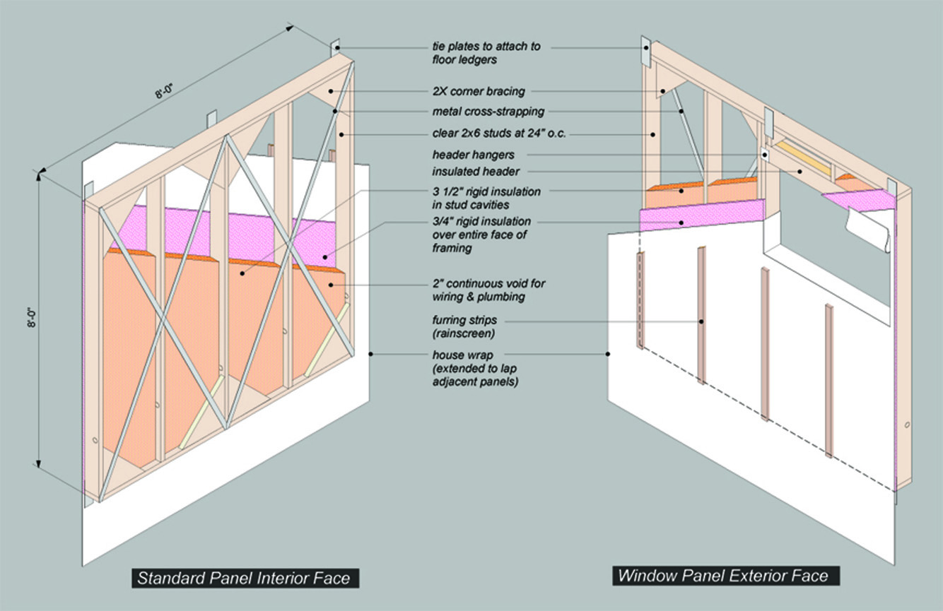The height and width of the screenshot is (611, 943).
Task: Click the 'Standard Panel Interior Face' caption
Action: [x=244, y=579]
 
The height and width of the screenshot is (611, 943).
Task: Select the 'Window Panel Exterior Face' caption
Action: [x=723, y=576]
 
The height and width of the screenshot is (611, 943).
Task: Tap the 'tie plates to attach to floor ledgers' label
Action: [x=486, y=52]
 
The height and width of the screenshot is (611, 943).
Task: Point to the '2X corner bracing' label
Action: [x=479, y=91]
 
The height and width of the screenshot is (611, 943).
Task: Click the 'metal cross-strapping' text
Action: [x=488, y=112]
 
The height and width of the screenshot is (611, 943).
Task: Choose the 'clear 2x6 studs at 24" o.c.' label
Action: [x=499, y=134]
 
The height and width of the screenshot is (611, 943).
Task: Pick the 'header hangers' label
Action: [x=473, y=155]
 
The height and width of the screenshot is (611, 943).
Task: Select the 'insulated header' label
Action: [x=476, y=172]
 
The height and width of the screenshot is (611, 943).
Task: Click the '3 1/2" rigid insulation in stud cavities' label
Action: [x=486, y=198]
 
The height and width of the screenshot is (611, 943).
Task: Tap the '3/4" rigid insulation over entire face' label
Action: [x=481, y=235]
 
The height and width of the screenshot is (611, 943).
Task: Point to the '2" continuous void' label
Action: [x=488, y=290]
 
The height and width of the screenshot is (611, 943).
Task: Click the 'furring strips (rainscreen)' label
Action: [x=464, y=326]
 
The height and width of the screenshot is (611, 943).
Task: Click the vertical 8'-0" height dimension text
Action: [x=32, y=318]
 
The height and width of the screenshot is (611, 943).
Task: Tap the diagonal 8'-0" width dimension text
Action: [x=164, y=91]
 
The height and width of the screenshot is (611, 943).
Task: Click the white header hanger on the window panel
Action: [x=765, y=155]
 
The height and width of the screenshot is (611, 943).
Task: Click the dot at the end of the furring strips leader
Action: [x=701, y=322]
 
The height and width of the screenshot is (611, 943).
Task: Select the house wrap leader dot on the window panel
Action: [x=608, y=355]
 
